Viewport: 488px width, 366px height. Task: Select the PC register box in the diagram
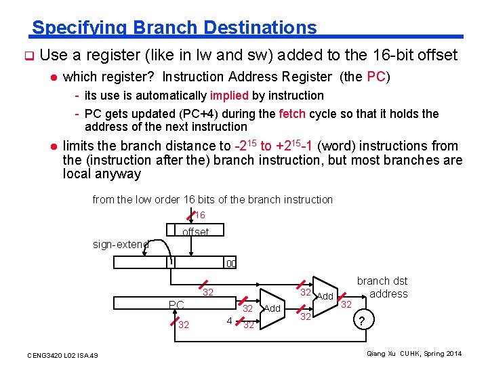point(178,305)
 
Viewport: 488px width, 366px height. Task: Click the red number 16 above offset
point(199,215)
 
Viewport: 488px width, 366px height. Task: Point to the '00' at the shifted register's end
point(231,264)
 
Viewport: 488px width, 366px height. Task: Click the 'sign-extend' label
point(121,244)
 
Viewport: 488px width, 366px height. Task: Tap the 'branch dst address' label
point(383,287)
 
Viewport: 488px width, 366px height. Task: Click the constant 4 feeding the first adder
point(230,320)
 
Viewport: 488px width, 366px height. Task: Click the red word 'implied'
point(230,96)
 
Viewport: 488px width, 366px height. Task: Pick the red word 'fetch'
point(293,114)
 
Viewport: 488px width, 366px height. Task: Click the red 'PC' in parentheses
point(376,77)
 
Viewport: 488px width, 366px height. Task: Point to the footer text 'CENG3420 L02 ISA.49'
point(62,355)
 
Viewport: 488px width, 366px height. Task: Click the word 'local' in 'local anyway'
point(77,174)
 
